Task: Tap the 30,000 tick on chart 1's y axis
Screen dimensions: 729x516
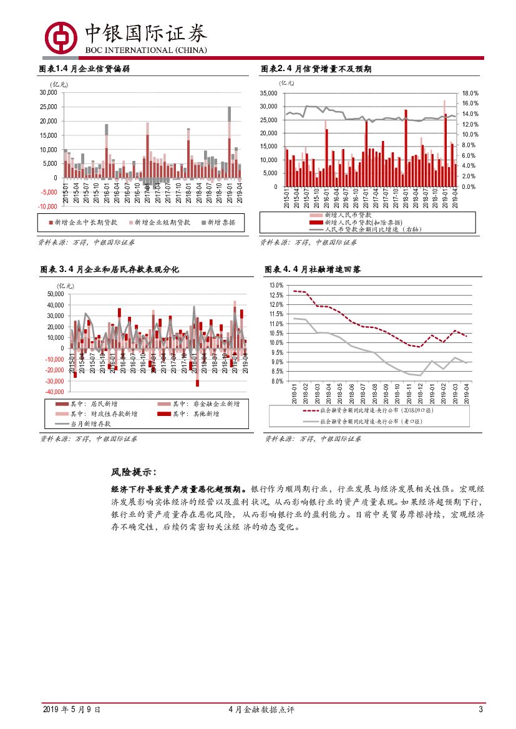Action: (47, 92)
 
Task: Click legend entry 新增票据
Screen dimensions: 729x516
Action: (218, 222)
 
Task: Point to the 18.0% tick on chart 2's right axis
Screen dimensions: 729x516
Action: (470, 93)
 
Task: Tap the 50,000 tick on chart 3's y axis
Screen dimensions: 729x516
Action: (55, 294)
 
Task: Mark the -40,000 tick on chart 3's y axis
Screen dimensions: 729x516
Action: (54, 392)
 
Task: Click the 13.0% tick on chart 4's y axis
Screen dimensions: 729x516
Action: (276, 286)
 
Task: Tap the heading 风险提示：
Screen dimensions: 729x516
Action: (134, 472)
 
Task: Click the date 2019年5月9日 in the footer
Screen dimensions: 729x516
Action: (71, 710)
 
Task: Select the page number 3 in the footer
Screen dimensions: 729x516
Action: (480, 710)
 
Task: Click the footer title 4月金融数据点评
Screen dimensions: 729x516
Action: (261, 710)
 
